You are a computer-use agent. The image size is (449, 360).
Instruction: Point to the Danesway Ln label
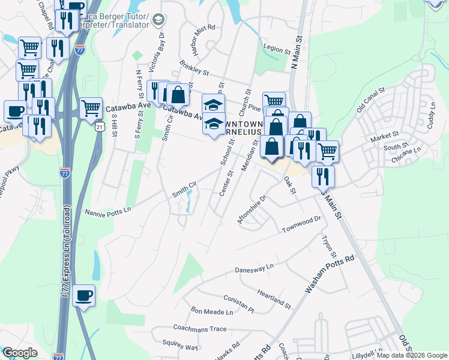click(x=254, y=266)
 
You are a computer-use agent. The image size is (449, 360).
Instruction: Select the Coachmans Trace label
click(x=200, y=328)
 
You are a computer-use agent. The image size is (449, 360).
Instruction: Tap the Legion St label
click(x=277, y=47)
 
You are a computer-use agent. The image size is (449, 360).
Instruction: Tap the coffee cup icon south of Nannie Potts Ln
click(x=84, y=295)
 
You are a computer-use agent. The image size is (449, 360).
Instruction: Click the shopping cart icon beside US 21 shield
click(x=91, y=108)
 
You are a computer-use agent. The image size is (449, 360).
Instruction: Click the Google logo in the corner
click(x=20, y=353)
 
